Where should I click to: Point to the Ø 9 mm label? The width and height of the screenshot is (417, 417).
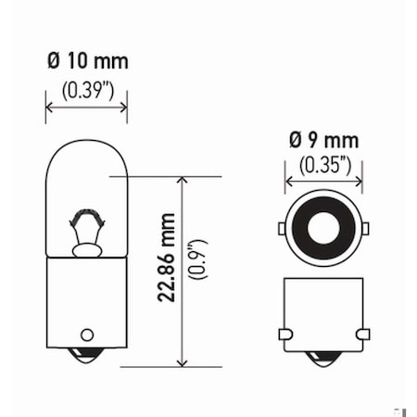pyautogui.click(x=323, y=142)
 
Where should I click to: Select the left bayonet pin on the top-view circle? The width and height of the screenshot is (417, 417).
pyautogui.click(x=282, y=227)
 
